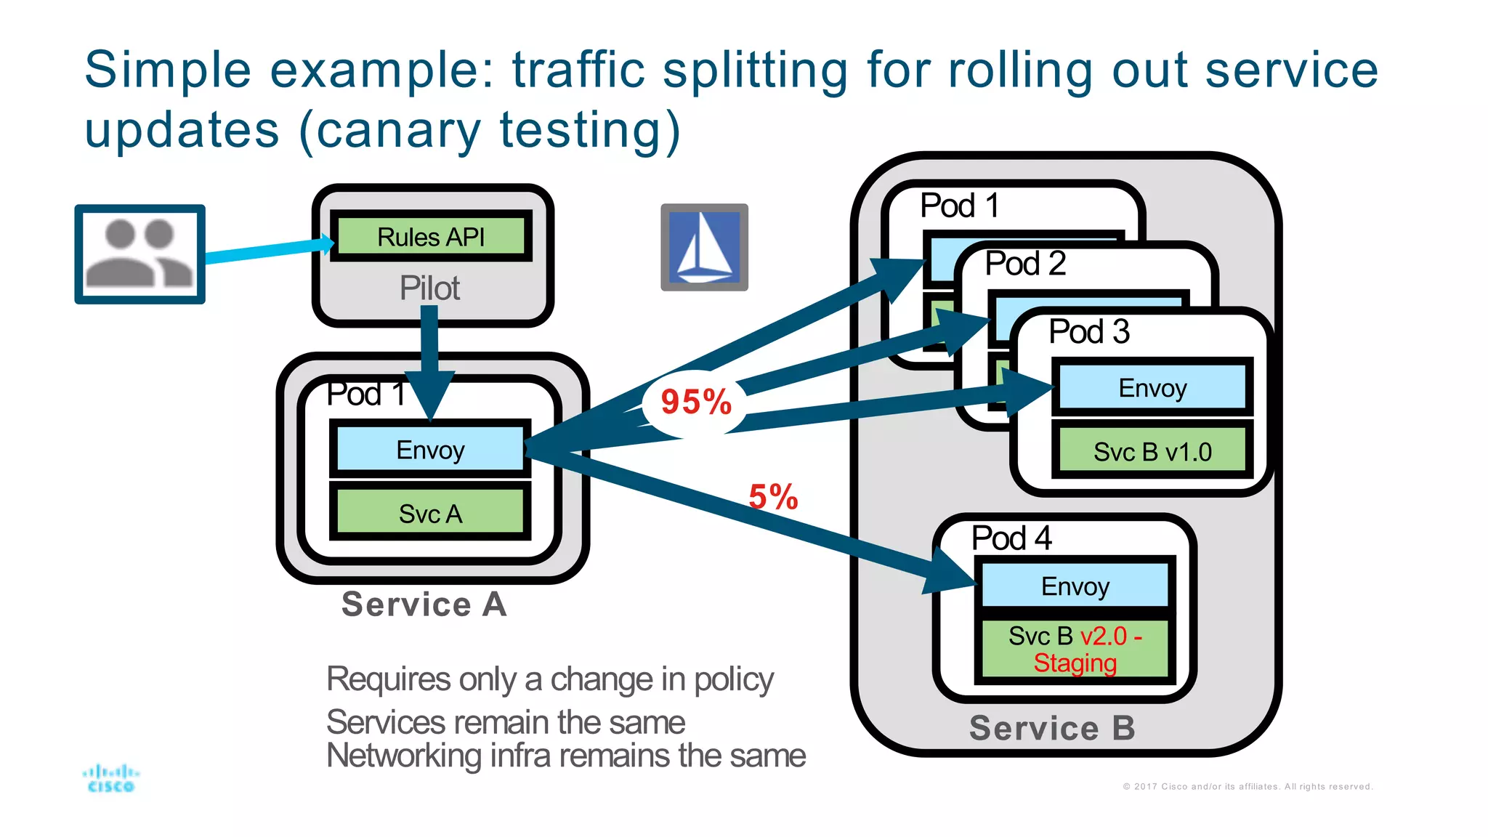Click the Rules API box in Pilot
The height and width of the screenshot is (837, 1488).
[431, 236]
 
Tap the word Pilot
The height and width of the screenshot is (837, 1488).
[429, 288]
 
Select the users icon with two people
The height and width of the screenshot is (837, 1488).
[139, 254]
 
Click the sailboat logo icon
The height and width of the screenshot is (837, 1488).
[704, 247]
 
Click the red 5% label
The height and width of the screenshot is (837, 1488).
[773, 498]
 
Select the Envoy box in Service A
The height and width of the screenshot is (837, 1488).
[430, 450]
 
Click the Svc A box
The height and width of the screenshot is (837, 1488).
[430, 514]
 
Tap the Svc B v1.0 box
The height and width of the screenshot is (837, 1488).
[1152, 452]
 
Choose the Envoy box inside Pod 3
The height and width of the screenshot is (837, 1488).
[1152, 388]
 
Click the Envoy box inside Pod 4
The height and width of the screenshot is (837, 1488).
[1075, 586]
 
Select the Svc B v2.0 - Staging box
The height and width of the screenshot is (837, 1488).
[1075, 650]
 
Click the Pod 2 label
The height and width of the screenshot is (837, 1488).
[1025, 264]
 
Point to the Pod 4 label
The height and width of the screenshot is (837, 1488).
[1011, 538]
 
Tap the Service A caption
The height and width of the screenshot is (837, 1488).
[424, 604]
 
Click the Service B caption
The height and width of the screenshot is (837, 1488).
[1052, 728]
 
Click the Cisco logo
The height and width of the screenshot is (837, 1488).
[110, 778]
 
